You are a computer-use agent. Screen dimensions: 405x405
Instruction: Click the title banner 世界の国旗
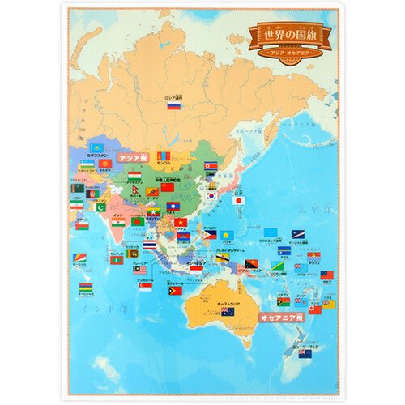290,35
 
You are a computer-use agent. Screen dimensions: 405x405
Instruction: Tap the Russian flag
173,104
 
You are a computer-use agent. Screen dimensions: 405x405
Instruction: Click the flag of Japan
239,199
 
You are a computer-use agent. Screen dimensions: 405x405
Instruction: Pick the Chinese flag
168,187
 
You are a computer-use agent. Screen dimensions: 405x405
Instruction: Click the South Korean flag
212,195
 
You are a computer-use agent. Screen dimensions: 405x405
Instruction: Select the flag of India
118,222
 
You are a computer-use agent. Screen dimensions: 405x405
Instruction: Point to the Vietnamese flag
180,223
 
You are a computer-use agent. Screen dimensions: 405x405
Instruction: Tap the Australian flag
228,312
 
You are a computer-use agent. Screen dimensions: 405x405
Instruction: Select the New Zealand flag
305,353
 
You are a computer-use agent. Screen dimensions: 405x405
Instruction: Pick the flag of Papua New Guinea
252,265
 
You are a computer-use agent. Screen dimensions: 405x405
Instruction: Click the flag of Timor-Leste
175,291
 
